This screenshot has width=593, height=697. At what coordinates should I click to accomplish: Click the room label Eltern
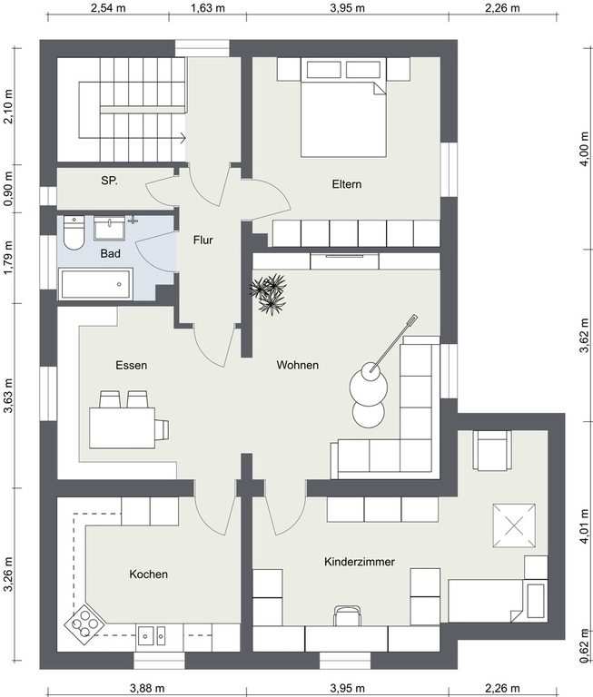(347, 184)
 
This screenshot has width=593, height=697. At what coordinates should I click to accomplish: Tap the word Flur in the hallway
(203, 240)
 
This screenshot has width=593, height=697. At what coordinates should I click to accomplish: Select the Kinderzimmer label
(360, 562)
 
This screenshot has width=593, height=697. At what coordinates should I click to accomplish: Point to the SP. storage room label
(110, 181)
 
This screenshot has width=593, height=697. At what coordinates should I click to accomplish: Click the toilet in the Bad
(74, 232)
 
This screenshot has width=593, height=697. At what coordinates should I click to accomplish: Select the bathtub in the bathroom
(95, 283)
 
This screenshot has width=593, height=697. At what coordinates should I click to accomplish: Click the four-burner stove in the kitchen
(84, 623)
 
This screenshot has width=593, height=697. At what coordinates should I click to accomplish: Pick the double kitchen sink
(152, 635)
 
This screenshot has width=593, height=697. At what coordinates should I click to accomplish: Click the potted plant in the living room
(268, 294)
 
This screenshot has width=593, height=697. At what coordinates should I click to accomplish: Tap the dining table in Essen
(123, 428)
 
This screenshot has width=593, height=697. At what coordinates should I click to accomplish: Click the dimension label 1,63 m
(208, 8)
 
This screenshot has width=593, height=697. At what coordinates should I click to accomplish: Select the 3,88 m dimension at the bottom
(147, 688)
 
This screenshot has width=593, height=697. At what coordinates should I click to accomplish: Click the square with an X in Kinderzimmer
(514, 525)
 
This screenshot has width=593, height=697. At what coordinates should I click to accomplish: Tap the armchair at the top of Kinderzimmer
(491, 450)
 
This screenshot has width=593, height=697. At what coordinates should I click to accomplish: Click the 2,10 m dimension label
(8, 107)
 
